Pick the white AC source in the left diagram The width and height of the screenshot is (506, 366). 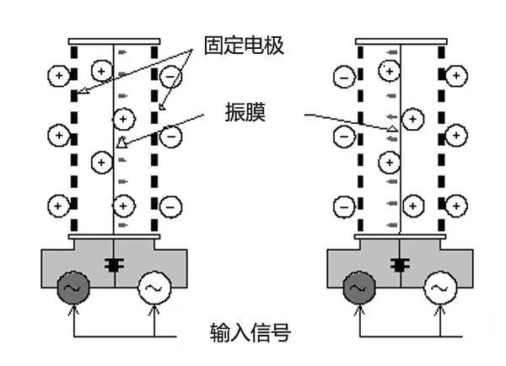tap(154, 289)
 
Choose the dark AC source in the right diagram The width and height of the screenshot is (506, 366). tap(357, 289)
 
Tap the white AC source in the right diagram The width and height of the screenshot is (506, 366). tap(440, 289)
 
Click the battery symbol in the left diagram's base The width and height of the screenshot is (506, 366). tap(113, 264)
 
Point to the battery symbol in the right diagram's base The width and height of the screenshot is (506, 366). tap(398, 264)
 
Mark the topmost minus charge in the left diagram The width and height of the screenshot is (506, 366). tap(170, 77)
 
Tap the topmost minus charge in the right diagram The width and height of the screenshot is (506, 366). tap(343, 77)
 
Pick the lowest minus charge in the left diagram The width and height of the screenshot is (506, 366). tap(170, 204)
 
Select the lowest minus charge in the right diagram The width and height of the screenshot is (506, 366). tap(343, 204)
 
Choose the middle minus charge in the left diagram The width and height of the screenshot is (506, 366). tap(170, 133)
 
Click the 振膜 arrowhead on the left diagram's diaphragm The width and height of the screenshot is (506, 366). tap(121, 143)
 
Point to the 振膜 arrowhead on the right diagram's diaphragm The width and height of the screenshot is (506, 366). tap(392, 128)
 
